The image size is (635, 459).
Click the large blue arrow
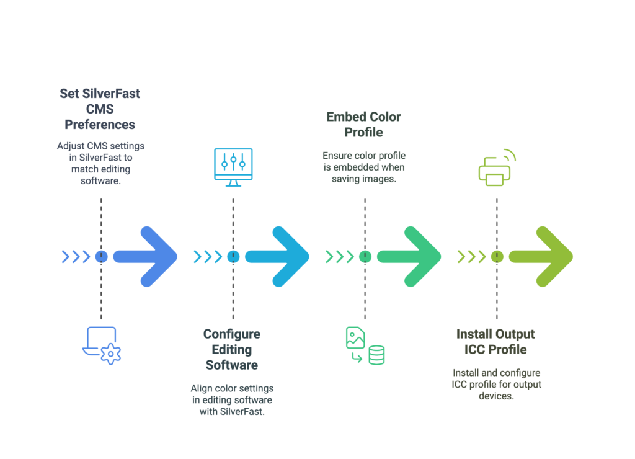coord(145,256)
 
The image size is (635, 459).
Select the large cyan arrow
coord(277,256)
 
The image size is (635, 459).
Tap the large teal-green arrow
coord(409,256)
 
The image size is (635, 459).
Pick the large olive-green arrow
coord(541,256)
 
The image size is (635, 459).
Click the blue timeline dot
coord(101,256)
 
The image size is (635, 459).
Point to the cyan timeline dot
coord(233,256)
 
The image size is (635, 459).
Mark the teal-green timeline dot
coord(365,256)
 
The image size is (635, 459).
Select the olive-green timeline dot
coord(497,256)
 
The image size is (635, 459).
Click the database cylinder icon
coord(376,355)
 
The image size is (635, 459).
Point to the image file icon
coord(355,337)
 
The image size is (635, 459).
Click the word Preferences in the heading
coord(100,125)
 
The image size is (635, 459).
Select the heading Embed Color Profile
coord(363,125)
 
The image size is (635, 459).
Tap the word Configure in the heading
coord(232,334)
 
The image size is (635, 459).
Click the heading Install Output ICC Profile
coord(495,342)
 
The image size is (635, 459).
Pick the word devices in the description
coord(496,396)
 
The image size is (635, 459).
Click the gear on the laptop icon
coord(110,354)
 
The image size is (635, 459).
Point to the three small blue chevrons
coord(76,256)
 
